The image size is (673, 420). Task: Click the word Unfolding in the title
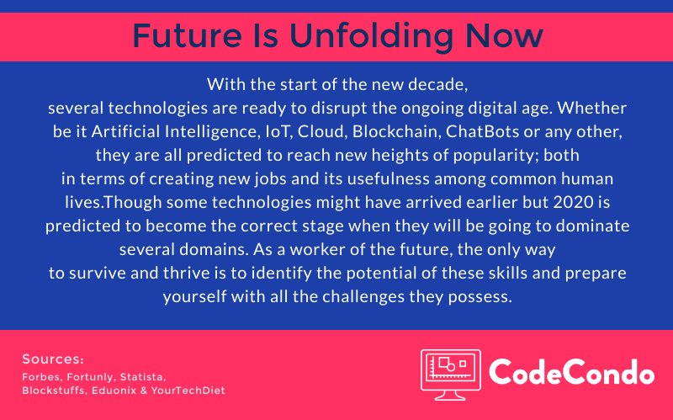click(x=372, y=35)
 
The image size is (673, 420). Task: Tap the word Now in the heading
click(x=504, y=35)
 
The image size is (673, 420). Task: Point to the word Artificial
click(x=125, y=131)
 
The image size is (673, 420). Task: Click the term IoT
click(x=279, y=131)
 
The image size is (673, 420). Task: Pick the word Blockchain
click(x=396, y=131)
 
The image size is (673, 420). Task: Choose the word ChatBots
click(x=482, y=131)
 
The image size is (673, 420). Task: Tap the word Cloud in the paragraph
click(x=322, y=131)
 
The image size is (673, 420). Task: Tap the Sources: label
click(x=53, y=359)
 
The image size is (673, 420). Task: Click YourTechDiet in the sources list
click(x=188, y=391)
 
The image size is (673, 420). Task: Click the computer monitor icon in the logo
click(x=451, y=375)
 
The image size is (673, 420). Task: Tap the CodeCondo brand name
click(x=572, y=372)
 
